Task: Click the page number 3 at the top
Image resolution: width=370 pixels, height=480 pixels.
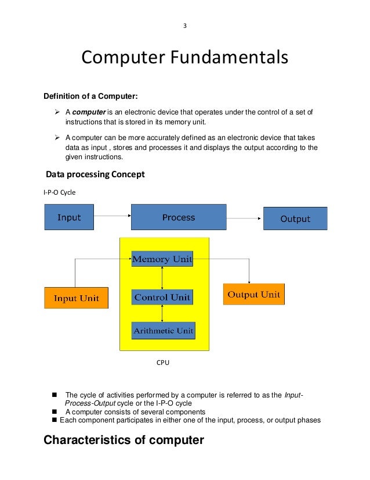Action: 184,25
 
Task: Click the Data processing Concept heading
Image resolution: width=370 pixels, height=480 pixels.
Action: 95,174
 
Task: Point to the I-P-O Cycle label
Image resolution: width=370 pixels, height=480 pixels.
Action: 60,192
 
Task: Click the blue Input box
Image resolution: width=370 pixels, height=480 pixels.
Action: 69,217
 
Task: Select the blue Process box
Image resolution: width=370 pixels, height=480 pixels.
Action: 179,217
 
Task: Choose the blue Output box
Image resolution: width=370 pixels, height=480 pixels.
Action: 295,218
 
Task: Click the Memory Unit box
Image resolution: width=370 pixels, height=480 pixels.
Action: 162,259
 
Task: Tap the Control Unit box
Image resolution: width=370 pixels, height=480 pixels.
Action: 162,298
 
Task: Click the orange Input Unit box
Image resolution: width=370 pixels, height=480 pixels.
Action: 76,298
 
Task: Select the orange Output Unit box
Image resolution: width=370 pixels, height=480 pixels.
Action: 253,294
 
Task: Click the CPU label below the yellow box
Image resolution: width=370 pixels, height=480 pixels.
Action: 163,363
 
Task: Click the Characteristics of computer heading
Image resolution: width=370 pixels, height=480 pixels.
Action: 124,440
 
